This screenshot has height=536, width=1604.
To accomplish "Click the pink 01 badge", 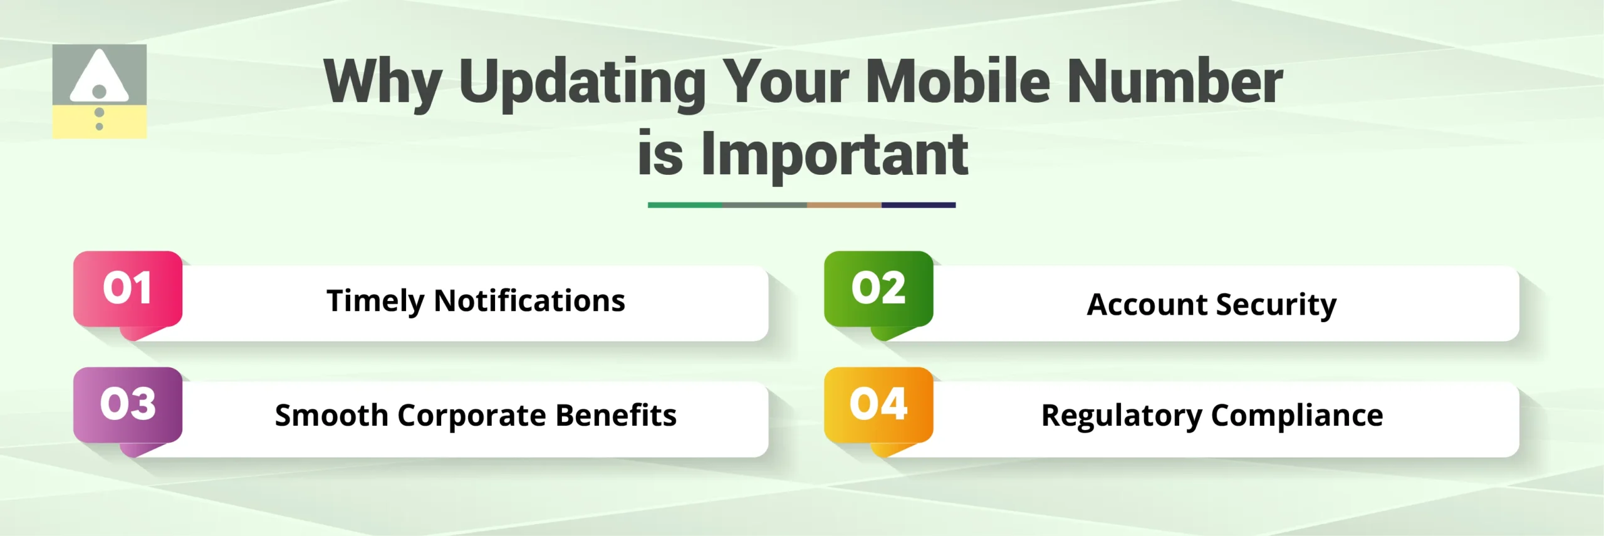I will coord(128,289).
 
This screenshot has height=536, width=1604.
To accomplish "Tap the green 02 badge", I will coord(878,289).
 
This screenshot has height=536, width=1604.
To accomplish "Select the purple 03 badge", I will coord(128,404).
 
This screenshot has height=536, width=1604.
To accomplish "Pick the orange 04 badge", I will coord(878,404).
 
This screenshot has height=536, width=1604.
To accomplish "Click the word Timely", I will coord(375,302).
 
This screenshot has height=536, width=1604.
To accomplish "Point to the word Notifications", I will coord(529,300).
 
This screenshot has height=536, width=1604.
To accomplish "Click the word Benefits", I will coord(616,415).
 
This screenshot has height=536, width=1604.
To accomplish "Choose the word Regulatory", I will coord(1122,416).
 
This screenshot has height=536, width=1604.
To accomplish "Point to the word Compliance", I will coord(1296,416).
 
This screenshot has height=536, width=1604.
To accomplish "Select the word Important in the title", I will coord(835,155).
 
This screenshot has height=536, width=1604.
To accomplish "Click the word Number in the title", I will coord(1175,81).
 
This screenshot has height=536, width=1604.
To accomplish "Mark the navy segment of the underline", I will coord(918,205).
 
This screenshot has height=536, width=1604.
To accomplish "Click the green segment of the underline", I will coord(684,205).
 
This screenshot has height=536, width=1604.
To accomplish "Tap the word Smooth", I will coord(331,416).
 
